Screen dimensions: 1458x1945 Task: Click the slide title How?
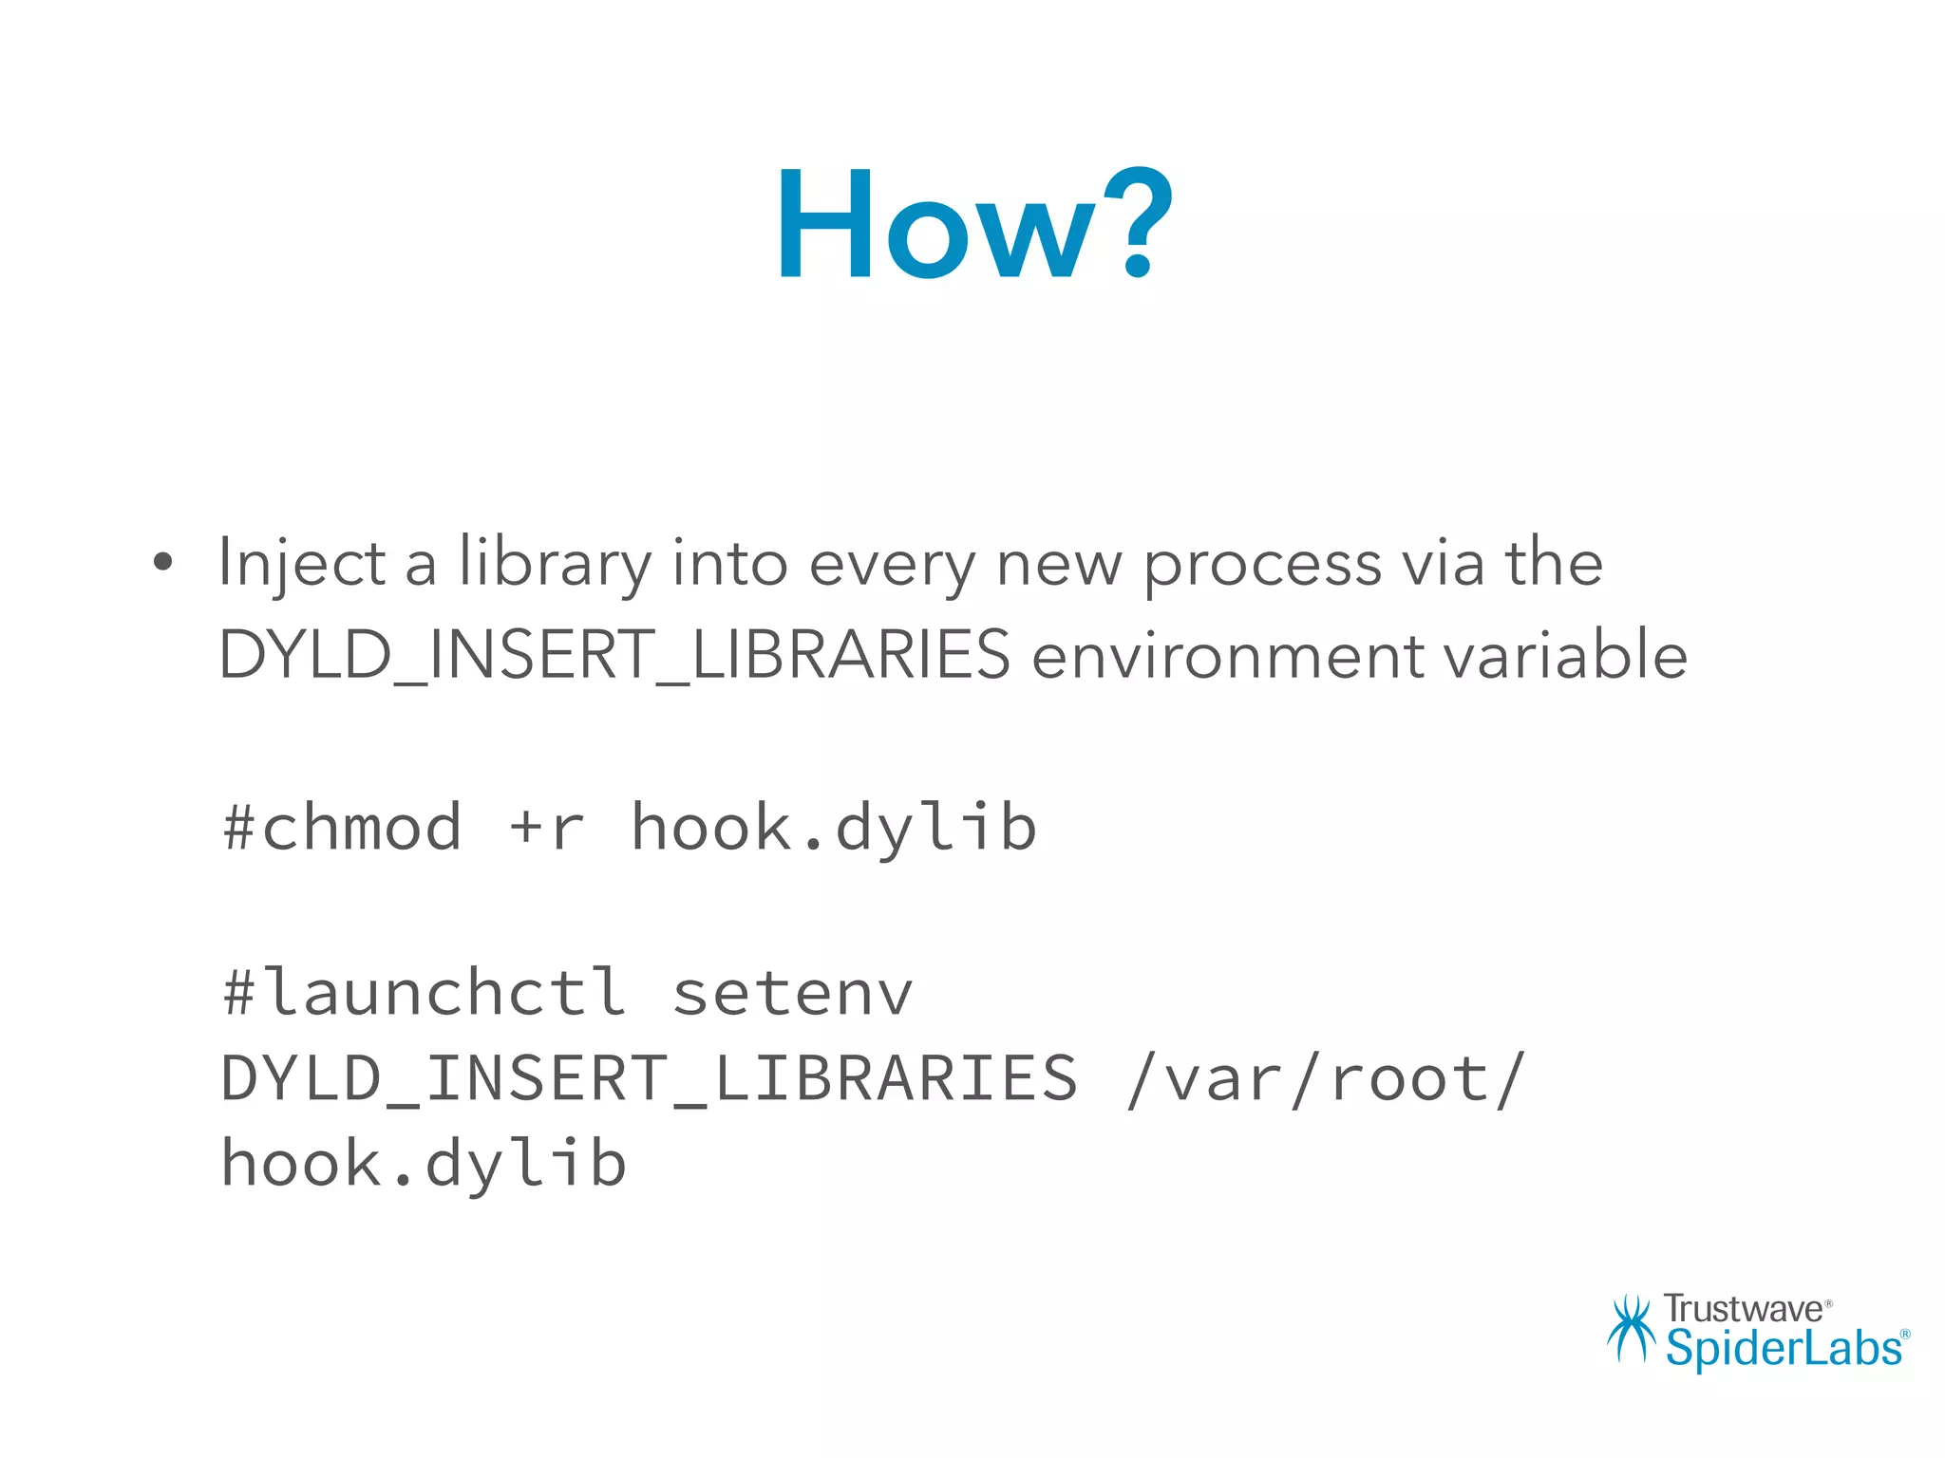point(974,226)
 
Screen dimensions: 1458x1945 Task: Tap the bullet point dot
point(163,562)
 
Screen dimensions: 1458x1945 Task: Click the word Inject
point(301,564)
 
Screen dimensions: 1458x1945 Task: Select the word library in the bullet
point(556,564)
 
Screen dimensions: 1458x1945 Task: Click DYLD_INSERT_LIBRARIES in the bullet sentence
point(614,655)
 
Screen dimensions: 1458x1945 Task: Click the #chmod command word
point(342,827)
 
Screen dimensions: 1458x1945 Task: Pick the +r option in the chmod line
point(546,827)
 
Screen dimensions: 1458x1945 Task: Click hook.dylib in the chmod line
point(833,827)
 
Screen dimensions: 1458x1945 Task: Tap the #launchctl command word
point(424,993)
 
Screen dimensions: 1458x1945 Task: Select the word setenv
point(792,993)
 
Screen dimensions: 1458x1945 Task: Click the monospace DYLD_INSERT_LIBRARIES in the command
point(649,1078)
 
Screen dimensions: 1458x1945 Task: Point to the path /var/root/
point(1324,1078)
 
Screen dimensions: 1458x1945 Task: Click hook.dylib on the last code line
point(424,1164)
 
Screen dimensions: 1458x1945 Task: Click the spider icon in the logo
point(1632,1329)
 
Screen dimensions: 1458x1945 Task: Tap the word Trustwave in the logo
point(1743,1309)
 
